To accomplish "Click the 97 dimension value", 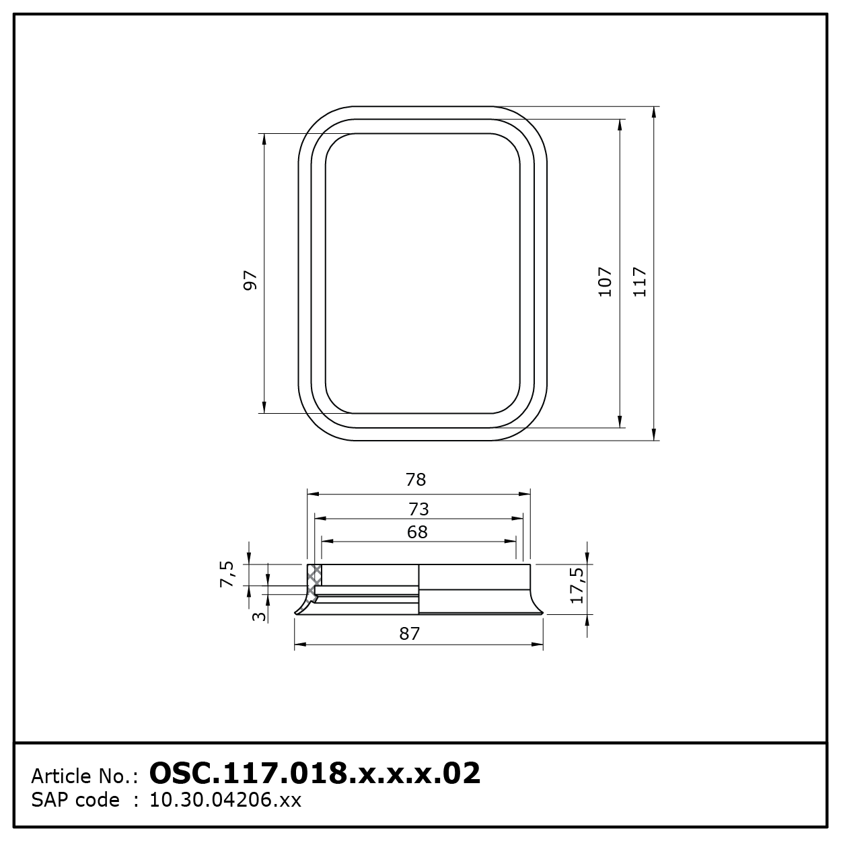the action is [250, 280].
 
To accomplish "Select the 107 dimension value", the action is [605, 282].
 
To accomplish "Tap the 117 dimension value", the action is [639, 282].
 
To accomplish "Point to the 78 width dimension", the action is [416, 480].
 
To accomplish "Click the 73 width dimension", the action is [418, 509].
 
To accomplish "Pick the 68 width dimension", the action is [417, 532].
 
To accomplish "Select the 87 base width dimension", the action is [409, 634].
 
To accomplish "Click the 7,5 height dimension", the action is [227, 575].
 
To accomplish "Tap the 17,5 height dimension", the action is [577, 585].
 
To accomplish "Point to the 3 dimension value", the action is [259, 616].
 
